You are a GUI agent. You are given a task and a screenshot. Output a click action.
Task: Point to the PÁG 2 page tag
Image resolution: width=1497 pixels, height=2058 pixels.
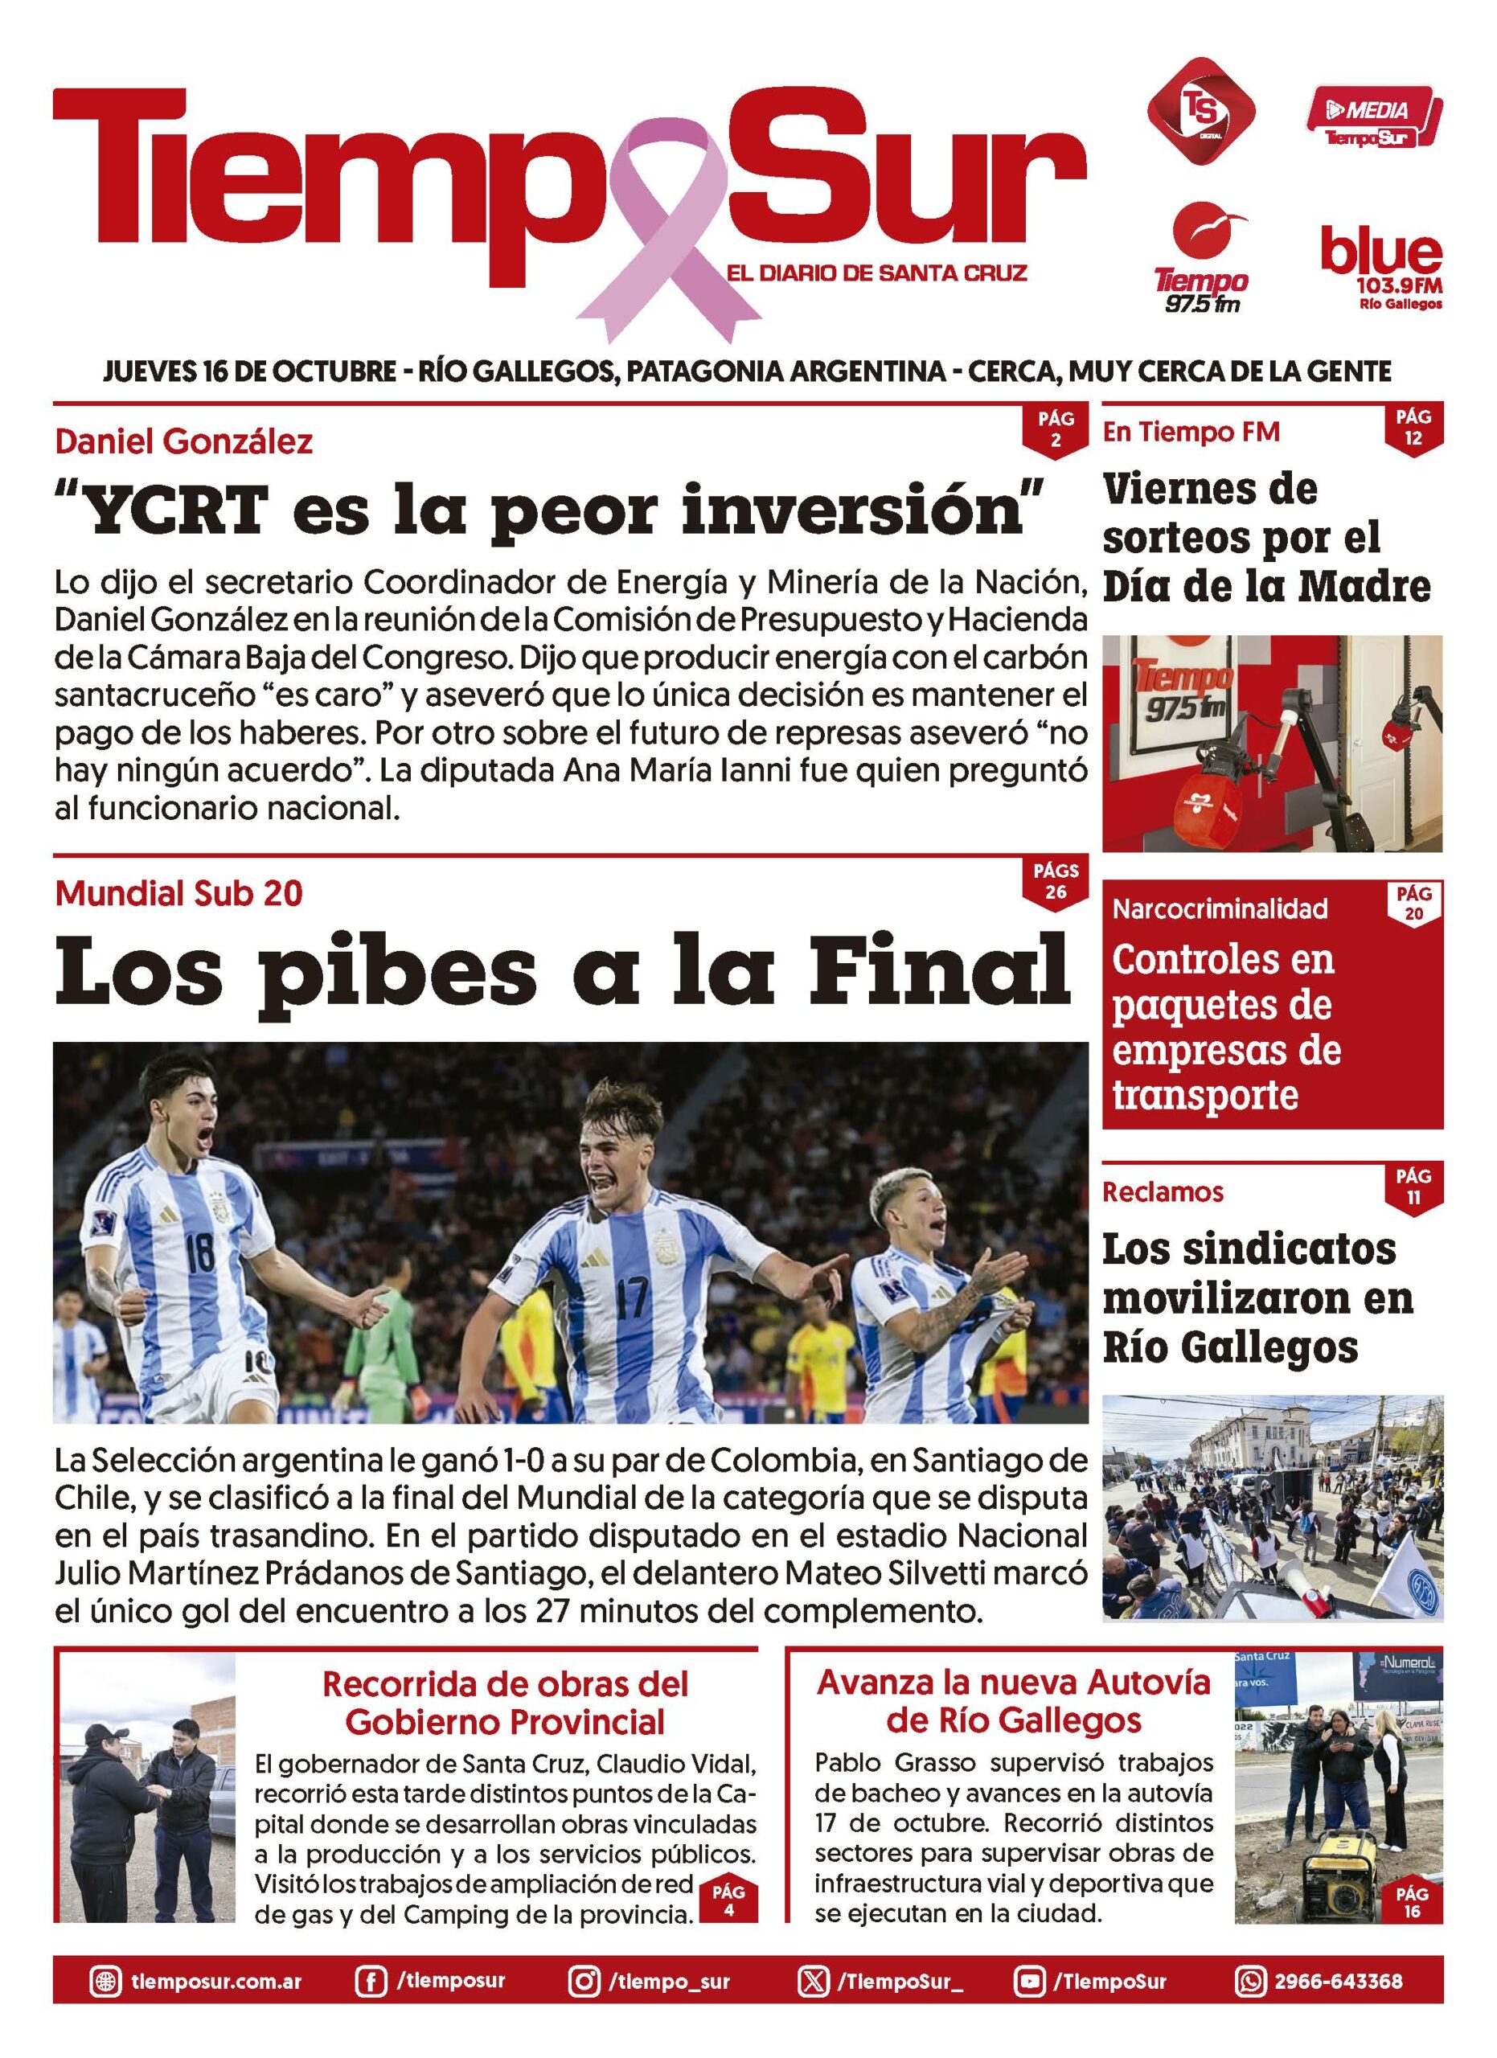pyautogui.click(x=1055, y=429)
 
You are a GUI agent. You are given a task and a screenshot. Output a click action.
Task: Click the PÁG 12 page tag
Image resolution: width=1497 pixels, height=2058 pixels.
pyautogui.click(x=1413, y=428)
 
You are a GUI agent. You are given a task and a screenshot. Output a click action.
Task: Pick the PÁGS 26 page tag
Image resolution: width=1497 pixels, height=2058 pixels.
pyautogui.click(x=1055, y=881)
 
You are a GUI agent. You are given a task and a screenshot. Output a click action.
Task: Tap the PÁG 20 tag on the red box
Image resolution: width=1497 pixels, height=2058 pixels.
pyautogui.click(x=1413, y=904)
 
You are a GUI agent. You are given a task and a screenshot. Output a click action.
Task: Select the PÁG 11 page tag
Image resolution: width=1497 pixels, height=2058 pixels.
pyautogui.click(x=1413, y=1186)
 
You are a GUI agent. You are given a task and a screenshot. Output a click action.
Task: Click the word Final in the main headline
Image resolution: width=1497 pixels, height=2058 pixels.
pyautogui.click(x=939, y=970)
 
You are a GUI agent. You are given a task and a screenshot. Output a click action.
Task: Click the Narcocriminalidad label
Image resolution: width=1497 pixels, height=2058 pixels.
pyautogui.click(x=1220, y=908)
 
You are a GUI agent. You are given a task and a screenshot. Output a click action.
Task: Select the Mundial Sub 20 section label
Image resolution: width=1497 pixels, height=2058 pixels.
pyautogui.click(x=178, y=894)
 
